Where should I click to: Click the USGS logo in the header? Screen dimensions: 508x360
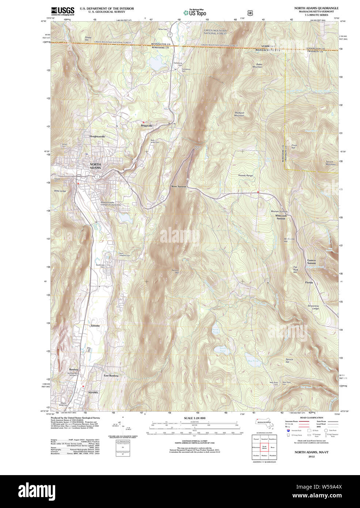click(62, 11)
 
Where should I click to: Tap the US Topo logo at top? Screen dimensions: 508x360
click(195, 13)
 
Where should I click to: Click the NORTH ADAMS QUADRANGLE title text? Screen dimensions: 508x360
click(316, 8)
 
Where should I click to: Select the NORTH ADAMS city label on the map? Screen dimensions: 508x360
click(95, 166)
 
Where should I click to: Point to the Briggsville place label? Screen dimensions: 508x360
click(147, 126)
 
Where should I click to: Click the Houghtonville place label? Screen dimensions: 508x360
click(97, 136)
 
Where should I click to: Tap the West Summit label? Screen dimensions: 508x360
click(179, 186)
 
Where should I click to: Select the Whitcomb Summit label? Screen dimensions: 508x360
click(281, 217)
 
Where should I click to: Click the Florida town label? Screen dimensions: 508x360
click(309, 283)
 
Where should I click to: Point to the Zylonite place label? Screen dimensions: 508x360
click(95, 325)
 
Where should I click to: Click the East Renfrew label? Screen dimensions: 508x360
click(111, 376)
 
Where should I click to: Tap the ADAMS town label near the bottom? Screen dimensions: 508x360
click(93, 393)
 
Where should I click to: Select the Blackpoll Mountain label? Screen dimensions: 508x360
click(239, 114)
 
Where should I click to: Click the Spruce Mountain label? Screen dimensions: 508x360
click(330, 163)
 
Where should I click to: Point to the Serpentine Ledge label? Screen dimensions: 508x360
click(314, 307)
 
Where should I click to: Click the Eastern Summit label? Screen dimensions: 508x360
click(311, 262)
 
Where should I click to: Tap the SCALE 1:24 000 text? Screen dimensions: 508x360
click(194, 418)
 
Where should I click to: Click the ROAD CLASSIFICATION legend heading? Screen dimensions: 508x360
click(311, 417)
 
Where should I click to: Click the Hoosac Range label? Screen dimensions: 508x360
click(245, 176)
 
